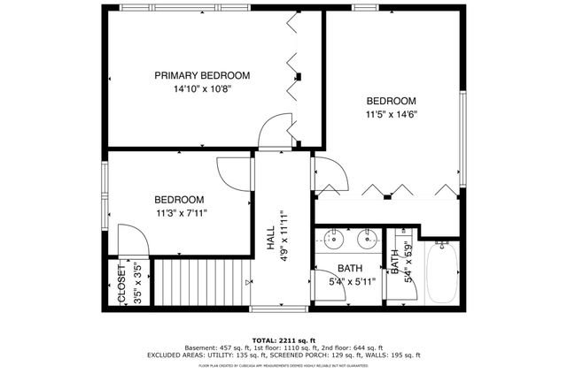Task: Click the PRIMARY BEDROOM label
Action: click(x=202, y=76)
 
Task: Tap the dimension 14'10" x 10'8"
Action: click(x=202, y=89)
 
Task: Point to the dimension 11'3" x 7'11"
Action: click(x=181, y=213)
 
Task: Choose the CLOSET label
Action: click(x=122, y=283)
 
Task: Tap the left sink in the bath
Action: click(x=335, y=238)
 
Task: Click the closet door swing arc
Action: click(x=130, y=240)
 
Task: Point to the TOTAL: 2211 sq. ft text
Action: click(x=283, y=340)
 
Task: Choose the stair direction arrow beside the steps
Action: click(x=248, y=282)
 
